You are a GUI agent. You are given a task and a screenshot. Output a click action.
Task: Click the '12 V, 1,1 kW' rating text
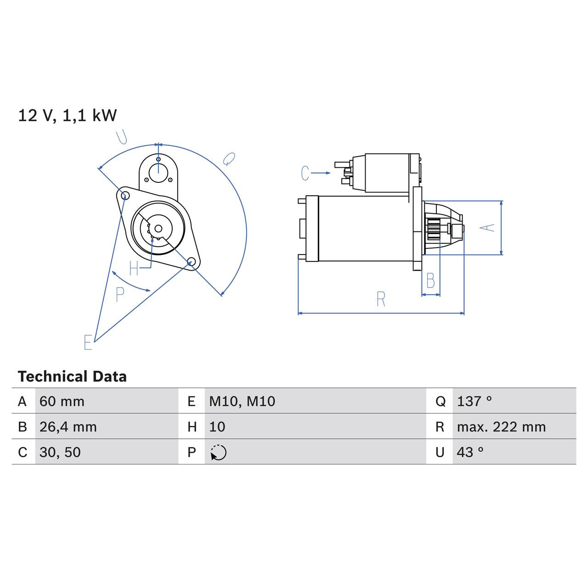point(68,115)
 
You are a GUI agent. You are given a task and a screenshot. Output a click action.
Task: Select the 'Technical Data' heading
point(72,377)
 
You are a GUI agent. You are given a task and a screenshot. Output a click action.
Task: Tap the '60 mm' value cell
point(62,401)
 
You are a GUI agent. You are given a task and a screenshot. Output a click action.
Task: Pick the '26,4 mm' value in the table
point(68,427)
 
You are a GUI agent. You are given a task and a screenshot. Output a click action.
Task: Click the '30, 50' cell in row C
point(60,452)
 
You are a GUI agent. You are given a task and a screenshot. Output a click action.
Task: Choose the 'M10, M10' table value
point(242,401)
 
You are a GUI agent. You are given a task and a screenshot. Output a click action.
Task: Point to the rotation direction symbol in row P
point(219,452)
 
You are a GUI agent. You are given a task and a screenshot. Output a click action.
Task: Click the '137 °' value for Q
point(475,401)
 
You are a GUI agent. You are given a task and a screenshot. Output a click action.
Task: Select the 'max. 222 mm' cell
point(501,427)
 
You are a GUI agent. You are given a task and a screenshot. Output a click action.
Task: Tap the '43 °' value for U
point(470,452)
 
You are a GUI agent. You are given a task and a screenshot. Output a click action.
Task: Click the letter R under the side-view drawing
point(381,299)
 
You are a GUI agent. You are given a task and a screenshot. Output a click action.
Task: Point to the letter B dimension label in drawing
point(430,280)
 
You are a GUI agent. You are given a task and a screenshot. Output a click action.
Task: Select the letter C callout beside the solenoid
point(305,173)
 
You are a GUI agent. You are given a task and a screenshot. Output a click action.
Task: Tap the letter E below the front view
point(88,342)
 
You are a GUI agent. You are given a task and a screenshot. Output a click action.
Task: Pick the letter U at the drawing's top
point(121,137)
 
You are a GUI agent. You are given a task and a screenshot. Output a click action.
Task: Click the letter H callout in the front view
point(134,268)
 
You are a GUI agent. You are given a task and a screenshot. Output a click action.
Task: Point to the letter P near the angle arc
point(120,294)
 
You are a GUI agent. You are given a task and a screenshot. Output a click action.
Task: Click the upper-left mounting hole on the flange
point(124,196)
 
